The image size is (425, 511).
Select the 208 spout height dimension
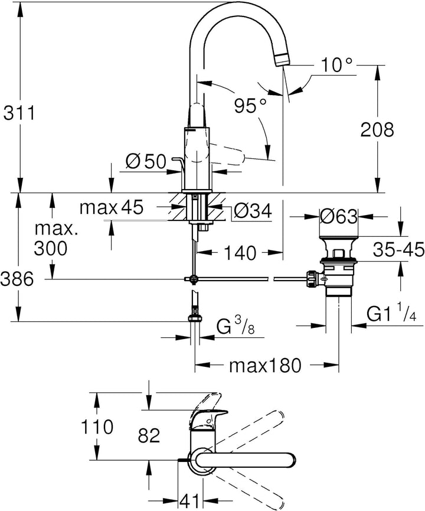376,129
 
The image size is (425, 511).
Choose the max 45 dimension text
112,207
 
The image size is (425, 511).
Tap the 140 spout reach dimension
241,253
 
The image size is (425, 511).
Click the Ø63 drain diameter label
339,217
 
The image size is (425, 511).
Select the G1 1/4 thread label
390,314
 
